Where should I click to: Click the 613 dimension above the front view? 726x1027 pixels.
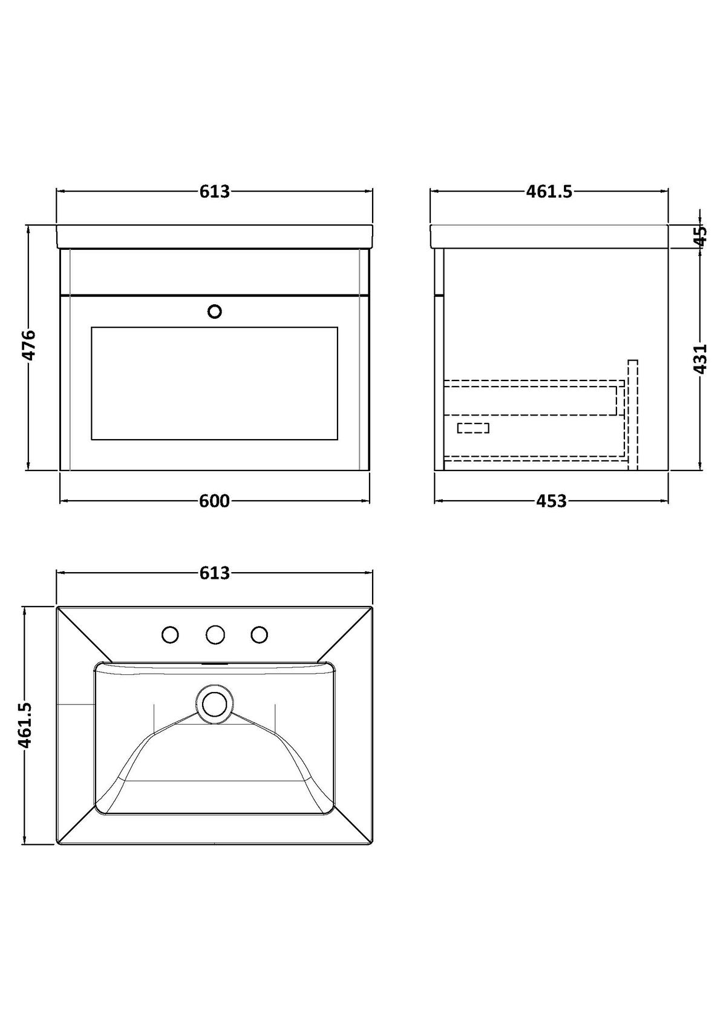point(214,192)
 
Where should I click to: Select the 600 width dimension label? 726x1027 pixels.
point(214,501)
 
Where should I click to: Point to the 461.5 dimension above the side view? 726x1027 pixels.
point(549,192)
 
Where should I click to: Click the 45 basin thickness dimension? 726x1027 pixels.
point(701,236)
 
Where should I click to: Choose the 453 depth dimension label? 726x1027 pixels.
point(551,501)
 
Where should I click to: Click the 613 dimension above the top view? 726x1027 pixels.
point(214,573)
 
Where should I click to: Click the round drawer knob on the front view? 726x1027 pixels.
point(215,311)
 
